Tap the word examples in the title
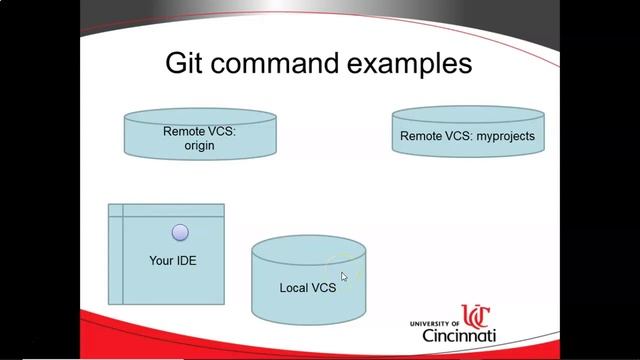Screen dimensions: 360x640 pyautogui.click(x=411, y=64)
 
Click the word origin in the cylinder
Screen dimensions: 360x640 pyautogui.click(x=200, y=145)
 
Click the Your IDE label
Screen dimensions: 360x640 pyautogui.click(x=171, y=260)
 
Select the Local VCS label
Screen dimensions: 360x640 pyautogui.click(x=307, y=288)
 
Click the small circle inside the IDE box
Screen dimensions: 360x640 pyautogui.click(x=180, y=232)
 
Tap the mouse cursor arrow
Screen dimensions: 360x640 pyautogui.click(x=344, y=277)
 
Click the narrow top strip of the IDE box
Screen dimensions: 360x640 pyautogui.click(x=170, y=210)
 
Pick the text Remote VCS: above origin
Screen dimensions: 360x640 pyautogui.click(x=200, y=130)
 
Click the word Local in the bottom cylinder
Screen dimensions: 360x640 pyautogui.click(x=294, y=288)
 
